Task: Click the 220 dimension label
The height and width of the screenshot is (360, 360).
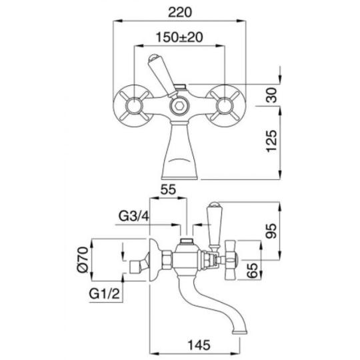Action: click(179, 13)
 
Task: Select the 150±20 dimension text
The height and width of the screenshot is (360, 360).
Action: click(179, 37)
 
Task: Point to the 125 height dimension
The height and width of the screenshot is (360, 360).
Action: click(271, 141)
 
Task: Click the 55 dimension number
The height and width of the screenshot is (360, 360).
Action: click(168, 189)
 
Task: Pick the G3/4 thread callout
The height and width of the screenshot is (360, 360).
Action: click(134, 216)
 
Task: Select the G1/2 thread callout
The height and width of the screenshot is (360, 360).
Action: click(105, 293)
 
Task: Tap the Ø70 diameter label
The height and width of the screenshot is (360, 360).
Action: click(83, 260)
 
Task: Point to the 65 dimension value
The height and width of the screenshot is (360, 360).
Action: click(252, 271)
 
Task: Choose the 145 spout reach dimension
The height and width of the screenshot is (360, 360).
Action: click(199, 345)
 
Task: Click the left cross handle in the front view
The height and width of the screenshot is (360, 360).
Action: click(133, 106)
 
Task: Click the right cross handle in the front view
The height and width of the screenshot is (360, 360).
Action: click(225, 106)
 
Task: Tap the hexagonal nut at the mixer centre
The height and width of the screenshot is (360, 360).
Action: click(179, 106)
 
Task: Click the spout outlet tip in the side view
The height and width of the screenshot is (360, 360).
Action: click(240, 332)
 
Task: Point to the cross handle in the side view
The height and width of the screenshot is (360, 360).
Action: click(231, 260)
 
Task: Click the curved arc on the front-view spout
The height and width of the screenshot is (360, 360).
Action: click(179, 160)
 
